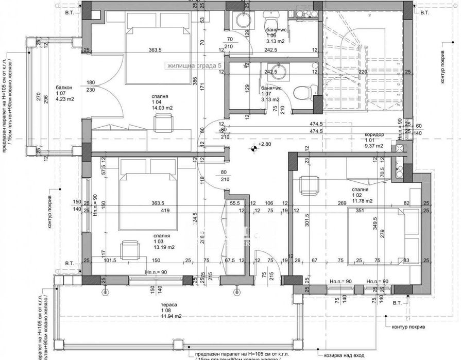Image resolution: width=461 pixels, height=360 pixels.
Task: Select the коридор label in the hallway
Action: (373, 134)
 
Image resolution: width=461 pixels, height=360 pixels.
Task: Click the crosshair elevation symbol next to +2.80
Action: (253, 149)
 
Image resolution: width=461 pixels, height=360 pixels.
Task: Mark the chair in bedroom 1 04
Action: (163, 123)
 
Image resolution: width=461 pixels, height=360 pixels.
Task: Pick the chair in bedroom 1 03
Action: (128, 250)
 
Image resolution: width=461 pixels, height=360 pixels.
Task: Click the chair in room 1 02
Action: (309, 183)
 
